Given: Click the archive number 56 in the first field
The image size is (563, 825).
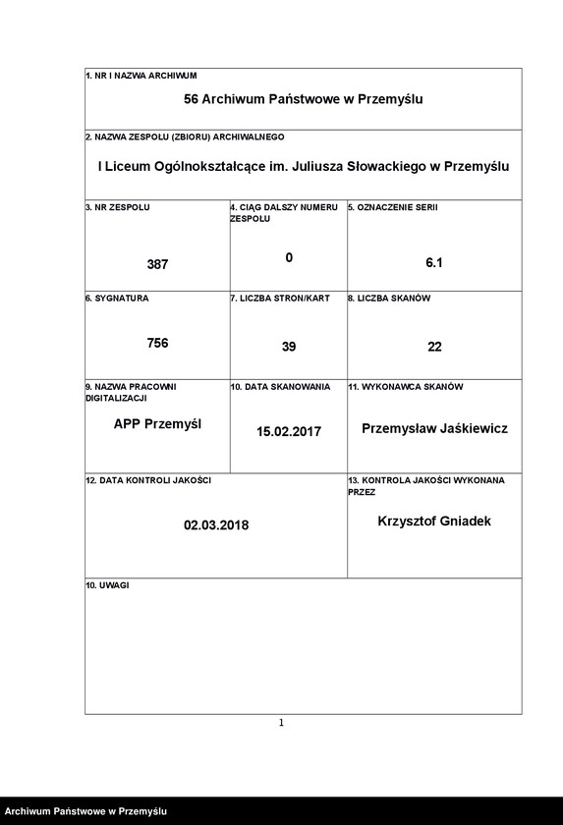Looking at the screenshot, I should (192, 99).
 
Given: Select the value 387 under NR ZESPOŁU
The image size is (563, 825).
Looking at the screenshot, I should (157, 264).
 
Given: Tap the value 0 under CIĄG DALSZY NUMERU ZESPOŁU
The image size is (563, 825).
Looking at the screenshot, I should (289, 257).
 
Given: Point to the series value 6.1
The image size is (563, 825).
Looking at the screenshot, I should (434, 263).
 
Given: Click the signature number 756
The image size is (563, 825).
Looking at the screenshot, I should (157, 343).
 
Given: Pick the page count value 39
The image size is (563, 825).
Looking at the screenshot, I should (288, 347).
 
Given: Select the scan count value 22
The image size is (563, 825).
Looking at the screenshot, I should (434, 347).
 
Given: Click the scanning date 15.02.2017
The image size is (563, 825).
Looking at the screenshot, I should (289, 431).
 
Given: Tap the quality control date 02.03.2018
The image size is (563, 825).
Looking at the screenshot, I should (216, 524).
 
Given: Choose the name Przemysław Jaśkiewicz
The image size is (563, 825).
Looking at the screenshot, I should (434, 429).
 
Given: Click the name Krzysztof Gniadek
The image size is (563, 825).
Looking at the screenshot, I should (434, 521).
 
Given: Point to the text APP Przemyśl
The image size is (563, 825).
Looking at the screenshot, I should (157, 424).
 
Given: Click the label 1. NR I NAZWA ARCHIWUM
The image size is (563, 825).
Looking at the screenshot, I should (141, 76).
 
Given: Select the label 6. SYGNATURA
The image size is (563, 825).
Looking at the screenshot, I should (117, 298).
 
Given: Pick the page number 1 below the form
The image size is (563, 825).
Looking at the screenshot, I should (281, 723).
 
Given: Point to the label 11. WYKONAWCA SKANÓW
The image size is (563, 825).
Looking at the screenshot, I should (405, 387).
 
